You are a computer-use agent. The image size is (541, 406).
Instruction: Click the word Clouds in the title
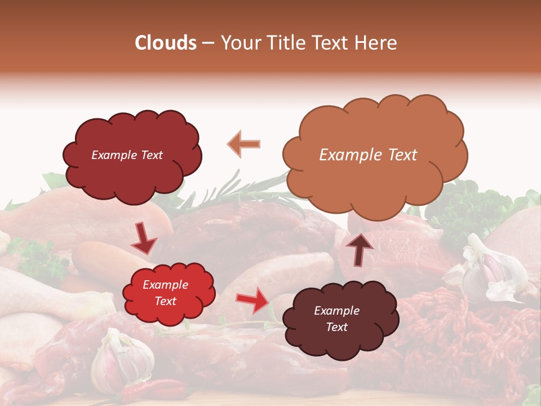pyautogui.click(x=165, y=43)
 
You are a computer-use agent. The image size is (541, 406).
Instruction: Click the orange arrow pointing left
pyautogui.click(x=244, y=144)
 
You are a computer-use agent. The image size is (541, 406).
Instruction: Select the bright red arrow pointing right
pyautogui.click(x=252, y=300)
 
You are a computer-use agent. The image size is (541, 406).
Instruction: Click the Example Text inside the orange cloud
pyautogui.click(x=368, y=155)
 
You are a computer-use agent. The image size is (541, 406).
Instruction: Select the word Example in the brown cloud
pyautogui.click(x=336, y=311)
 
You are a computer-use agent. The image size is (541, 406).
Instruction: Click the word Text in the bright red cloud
pyautogui.click(x=165, y=302)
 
